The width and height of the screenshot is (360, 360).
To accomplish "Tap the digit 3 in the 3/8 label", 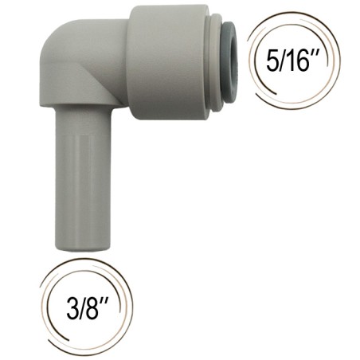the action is [x=72, y=308].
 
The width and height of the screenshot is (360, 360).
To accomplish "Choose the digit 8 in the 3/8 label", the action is [x=92, y=308].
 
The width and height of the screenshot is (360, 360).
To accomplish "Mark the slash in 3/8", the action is [x=82, y=308].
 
